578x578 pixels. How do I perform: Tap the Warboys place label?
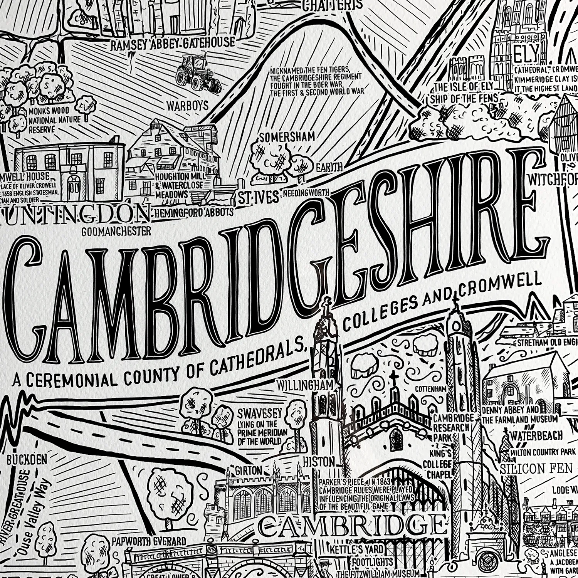point(187,106)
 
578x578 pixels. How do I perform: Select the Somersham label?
point(287,137)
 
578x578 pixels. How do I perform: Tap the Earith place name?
point(329,167)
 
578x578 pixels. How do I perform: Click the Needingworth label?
point(306,192)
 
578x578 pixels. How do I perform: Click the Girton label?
point(245,470)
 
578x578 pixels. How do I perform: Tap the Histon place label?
point(318,462)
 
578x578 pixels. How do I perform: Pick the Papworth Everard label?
point(149,541)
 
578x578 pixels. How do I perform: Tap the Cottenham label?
point(430,389)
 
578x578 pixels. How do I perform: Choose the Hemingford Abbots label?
point(194,212)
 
